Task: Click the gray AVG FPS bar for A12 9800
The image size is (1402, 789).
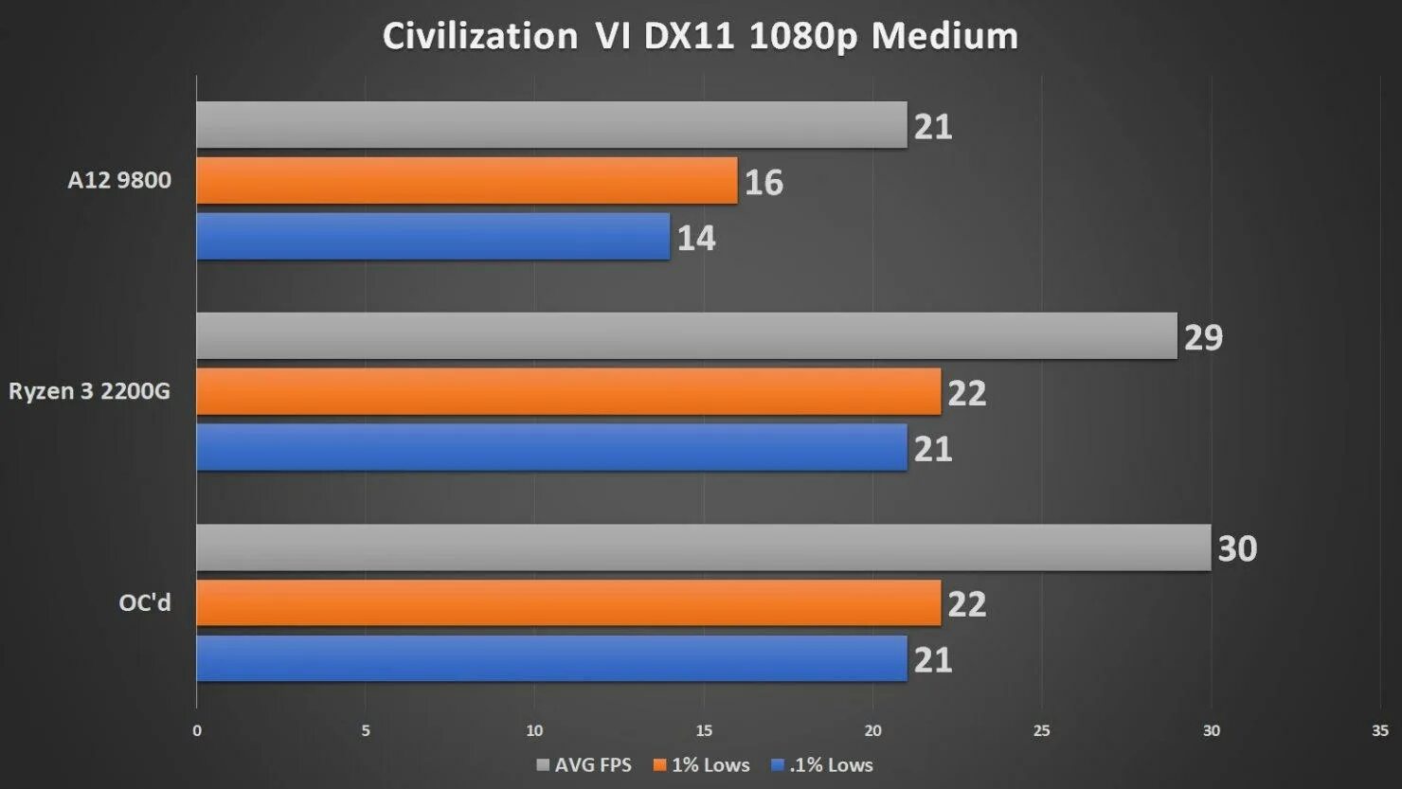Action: click(x=551, y=125)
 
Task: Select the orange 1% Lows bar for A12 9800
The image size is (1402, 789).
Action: click(x=466, y=181)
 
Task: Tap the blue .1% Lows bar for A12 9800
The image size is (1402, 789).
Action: click(x=433, y=237)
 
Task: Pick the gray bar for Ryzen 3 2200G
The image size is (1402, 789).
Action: click(x=686, y=336)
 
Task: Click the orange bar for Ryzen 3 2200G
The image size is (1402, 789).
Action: click(x=568, y=392)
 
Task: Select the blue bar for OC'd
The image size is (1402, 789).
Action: click(x=551, y=659)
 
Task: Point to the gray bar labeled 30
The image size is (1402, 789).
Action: click(x=703, y=547)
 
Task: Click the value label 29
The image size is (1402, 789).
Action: click(x=1203, y=337)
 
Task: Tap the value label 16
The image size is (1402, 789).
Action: click(x=764, y=182)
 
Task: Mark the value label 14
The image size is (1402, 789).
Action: click(x=696, y=238)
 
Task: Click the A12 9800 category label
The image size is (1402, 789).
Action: click(x=119, y=180)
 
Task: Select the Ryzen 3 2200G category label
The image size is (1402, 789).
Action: click(x=90, y=391)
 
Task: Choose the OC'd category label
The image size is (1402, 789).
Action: click(x=145, y=602)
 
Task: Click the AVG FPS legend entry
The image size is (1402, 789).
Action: click(x=584, y=765)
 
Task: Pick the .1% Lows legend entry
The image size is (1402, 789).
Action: click(x=822, y=765)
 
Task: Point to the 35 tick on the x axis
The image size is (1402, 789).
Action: click(x=1379, y=730)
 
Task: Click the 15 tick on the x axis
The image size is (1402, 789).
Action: click(x=704, y=730)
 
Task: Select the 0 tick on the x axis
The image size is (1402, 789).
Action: click(x=197, y=730)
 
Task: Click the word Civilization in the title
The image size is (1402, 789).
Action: click(x=479, y=36)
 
